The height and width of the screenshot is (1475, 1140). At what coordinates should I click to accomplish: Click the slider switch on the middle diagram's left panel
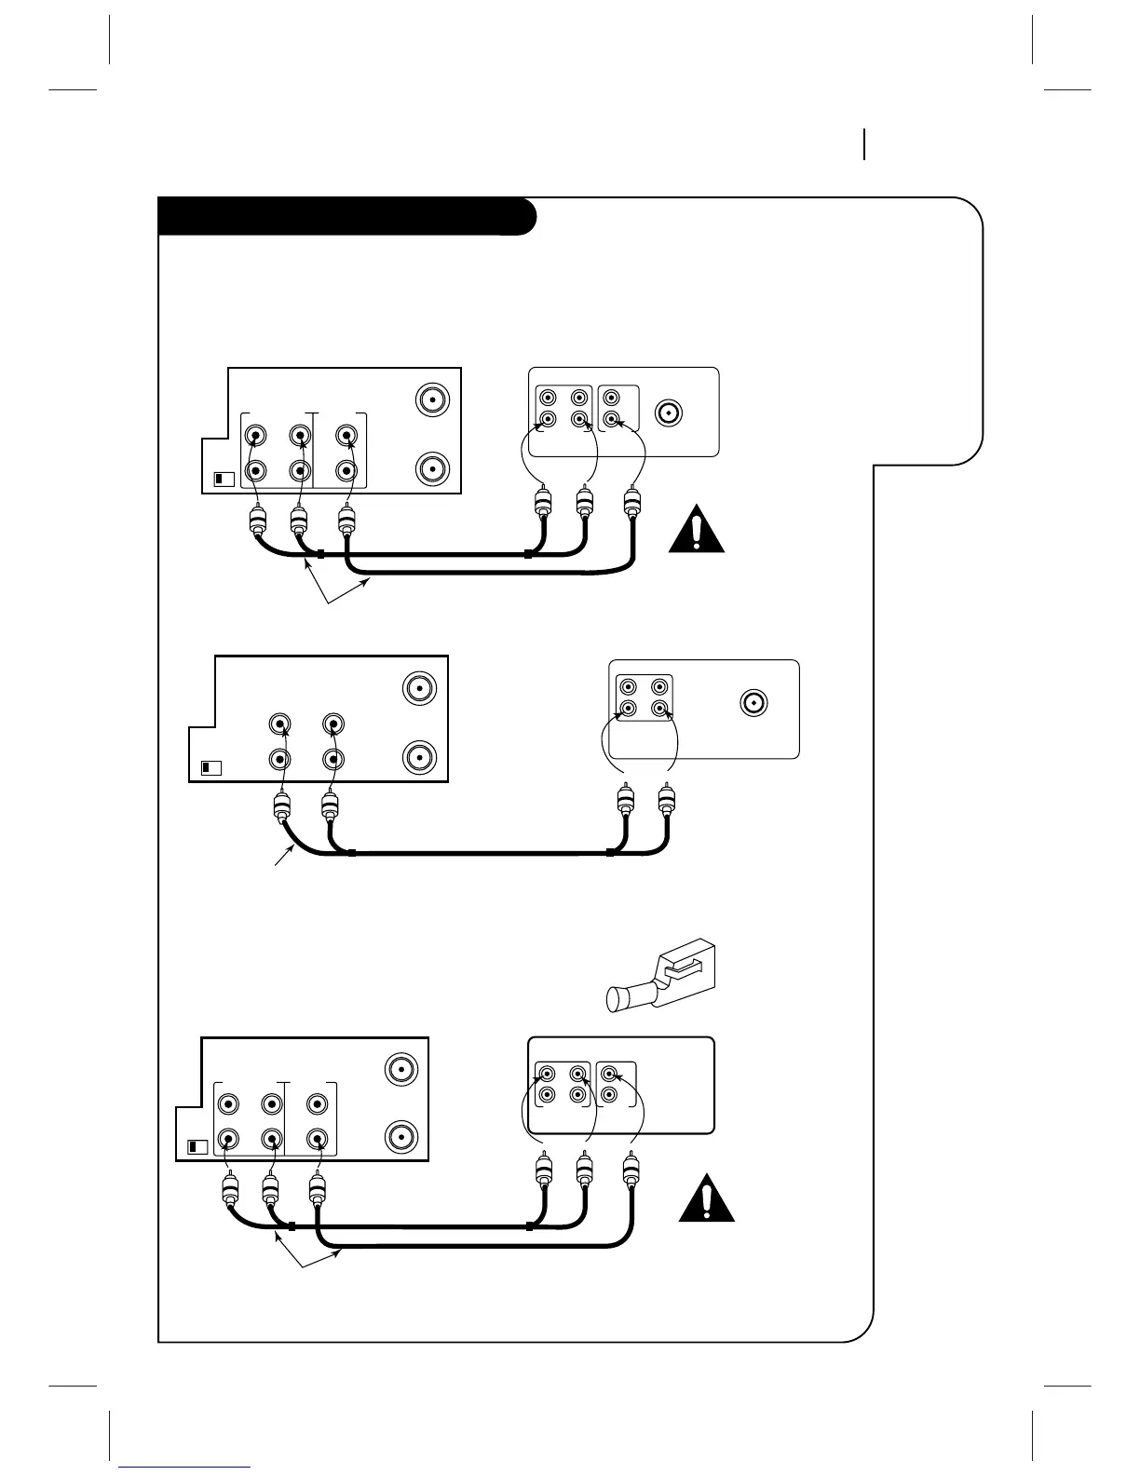coord(210,768)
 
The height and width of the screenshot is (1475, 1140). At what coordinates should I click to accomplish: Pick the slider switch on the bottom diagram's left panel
coord(197,1146)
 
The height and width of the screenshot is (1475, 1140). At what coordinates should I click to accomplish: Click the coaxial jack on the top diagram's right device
coord(669,412)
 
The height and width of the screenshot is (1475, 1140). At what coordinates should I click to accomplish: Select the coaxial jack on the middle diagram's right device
coord(753,702)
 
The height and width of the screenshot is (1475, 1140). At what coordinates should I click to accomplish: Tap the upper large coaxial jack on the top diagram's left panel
coord(431,400)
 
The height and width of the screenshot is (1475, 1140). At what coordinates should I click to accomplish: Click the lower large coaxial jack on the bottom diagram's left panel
coord(401,1137)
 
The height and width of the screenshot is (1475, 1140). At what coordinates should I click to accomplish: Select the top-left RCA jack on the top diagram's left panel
coord(255,435)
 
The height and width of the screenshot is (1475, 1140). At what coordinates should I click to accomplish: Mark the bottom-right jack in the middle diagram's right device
coord(659,710)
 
